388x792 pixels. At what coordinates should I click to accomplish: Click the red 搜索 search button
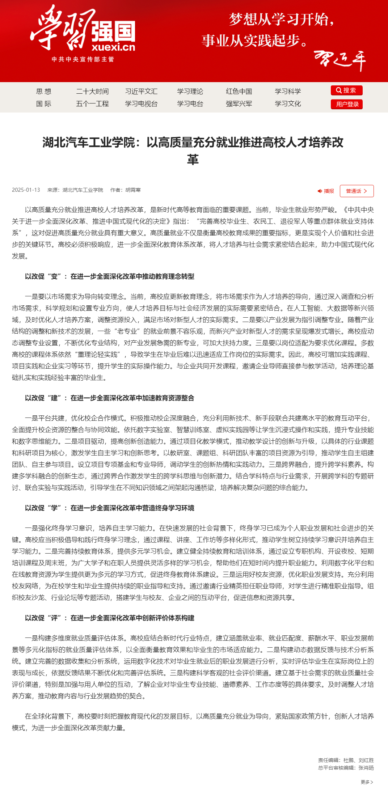346,90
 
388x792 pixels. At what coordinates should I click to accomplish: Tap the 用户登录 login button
346,104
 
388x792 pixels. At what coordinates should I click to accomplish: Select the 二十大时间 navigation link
92,92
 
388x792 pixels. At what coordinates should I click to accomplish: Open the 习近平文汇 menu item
141,92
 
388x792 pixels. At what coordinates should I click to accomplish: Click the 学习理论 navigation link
190,92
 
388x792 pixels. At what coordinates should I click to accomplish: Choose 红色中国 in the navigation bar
239,92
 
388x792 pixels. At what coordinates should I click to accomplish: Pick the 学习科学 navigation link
288,92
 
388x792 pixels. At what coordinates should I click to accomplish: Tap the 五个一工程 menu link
92,104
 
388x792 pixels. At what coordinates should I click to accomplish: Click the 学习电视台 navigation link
141,104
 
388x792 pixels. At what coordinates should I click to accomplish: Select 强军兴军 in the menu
239,104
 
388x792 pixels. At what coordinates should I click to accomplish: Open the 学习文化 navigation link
288,104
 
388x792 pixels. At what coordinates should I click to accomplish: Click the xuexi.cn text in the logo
113,47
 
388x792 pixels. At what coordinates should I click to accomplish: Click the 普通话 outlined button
357,191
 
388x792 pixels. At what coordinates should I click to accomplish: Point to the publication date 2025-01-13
26,190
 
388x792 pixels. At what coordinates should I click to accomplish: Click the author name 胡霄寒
133,190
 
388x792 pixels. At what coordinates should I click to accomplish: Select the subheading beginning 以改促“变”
110,276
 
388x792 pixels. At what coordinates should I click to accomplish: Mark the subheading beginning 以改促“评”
110,618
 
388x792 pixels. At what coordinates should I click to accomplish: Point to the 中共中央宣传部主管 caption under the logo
83,59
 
